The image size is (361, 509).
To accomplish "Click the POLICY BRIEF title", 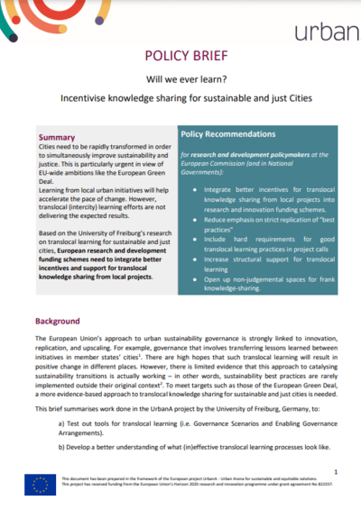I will tap(180, 54).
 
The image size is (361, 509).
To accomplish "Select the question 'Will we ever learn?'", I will tap(180, 78).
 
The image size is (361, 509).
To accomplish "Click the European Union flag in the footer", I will tap(41, 485).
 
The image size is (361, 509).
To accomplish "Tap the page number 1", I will tap(335, 471).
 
